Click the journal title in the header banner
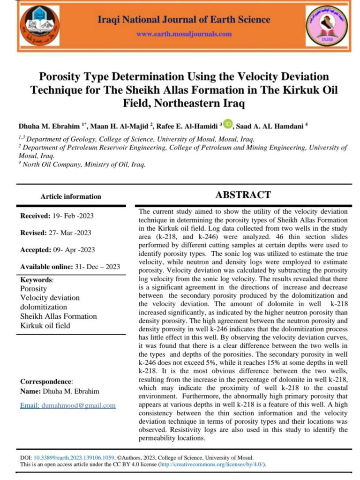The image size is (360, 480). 184,19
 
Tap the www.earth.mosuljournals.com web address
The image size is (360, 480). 184,34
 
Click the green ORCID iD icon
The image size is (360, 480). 228,124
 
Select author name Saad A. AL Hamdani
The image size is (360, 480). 271,126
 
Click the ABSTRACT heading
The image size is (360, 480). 242,195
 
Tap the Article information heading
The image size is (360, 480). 71,196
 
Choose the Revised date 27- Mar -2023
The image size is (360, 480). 71,232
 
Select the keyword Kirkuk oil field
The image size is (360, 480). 45,325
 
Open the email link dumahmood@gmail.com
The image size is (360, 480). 68,405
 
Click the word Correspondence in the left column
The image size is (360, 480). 46,382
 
